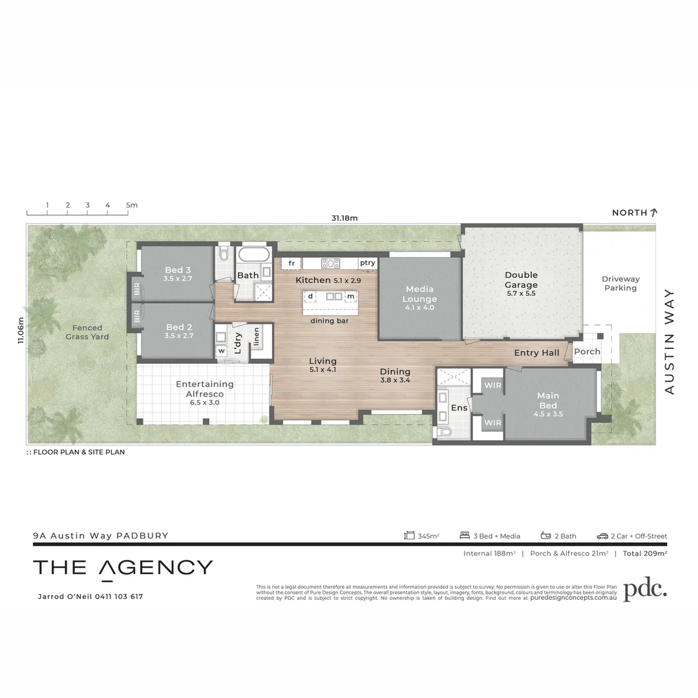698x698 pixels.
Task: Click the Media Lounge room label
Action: click(419, 294)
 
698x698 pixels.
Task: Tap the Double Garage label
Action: click(521, 280)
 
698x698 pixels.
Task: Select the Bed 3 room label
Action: click(178, 270)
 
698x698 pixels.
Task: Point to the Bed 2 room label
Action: click(178, 327)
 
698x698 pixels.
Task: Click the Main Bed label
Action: click(548, 400)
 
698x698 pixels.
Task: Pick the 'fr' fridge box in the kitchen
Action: click(291, 263)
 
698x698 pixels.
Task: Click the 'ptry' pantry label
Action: click(368, 263)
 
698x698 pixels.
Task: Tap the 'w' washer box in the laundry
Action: click(221, 350)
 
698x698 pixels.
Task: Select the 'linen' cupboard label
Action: click(257, 336)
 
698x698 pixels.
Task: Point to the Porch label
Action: click(587, 352)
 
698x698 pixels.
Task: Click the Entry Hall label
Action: click(536, 353)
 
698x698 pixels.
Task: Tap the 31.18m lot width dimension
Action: click(344, 218)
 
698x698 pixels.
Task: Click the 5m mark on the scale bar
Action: click(132, 206)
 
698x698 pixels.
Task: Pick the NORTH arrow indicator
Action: click(654, 212)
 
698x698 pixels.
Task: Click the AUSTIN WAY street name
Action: click(670, 341)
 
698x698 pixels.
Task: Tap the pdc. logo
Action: click(644, 589)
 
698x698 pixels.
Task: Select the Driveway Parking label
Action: click(620, 284)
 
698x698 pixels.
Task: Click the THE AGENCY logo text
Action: click(123, 568)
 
